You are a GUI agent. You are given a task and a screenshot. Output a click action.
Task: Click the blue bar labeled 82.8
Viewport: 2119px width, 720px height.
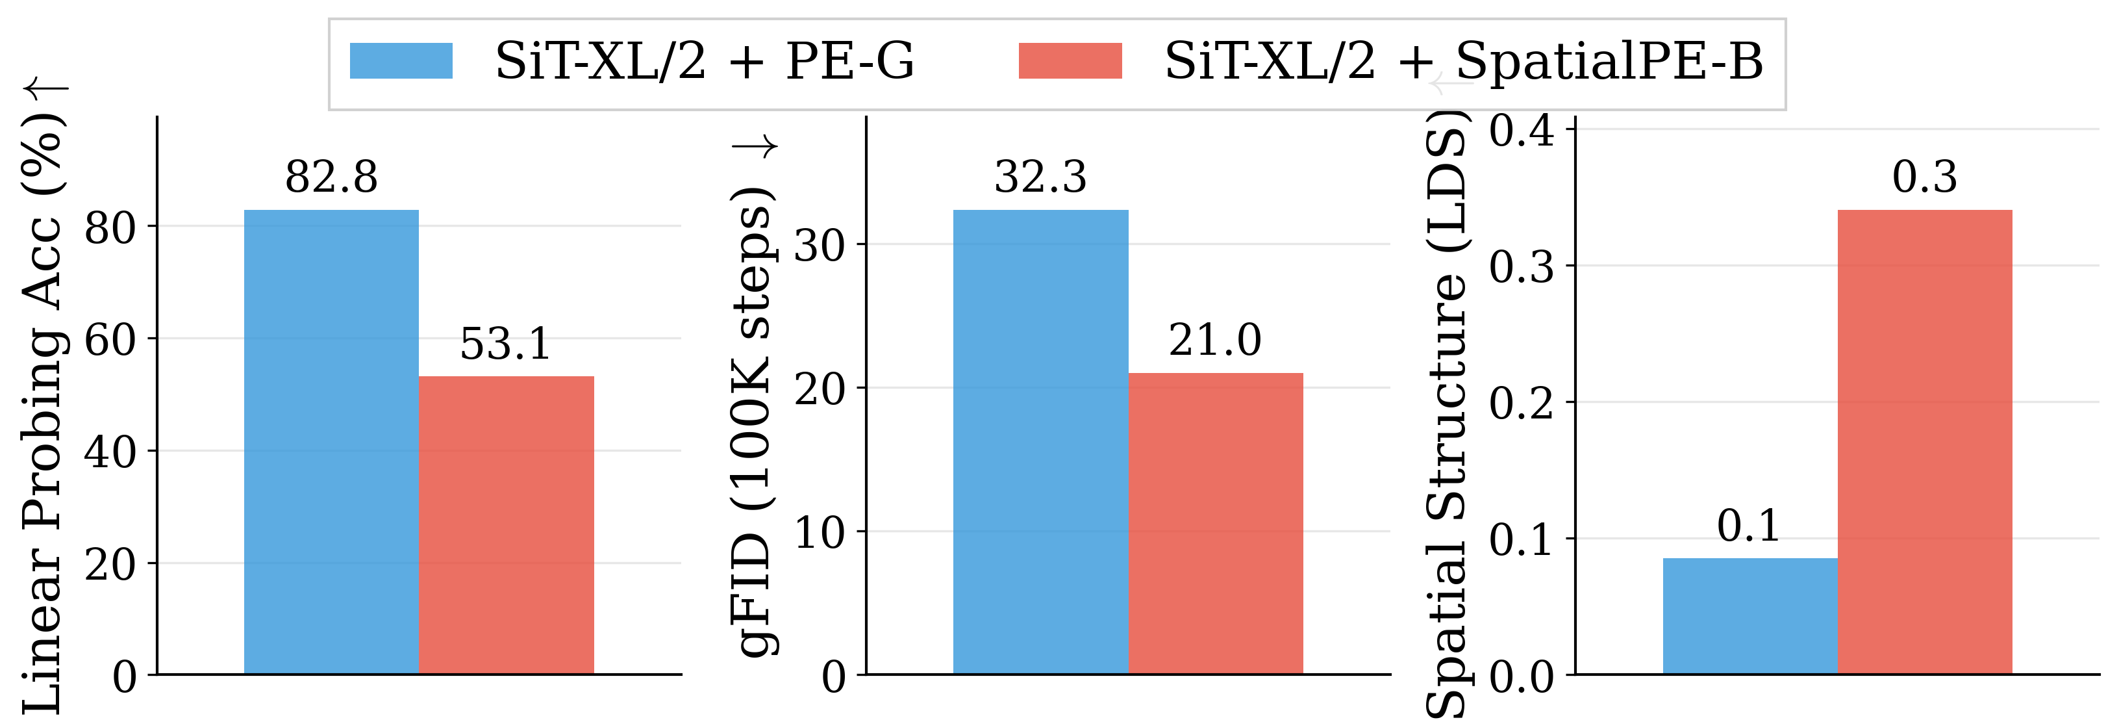pos(331,442)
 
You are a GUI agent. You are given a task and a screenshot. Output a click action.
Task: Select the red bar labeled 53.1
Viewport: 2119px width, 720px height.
pos(506,525)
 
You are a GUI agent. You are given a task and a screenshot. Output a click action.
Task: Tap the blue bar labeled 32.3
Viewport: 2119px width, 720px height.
pos(1040,442)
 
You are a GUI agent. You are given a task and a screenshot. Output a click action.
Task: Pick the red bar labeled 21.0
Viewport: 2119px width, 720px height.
pos(1215,523)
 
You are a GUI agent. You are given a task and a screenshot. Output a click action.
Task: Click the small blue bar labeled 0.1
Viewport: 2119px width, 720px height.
pos(1749,615)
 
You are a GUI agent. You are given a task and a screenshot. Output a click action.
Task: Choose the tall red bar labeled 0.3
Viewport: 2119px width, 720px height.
pos(1925,442)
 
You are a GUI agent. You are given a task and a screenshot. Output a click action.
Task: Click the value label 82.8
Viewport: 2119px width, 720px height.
pos(331,177)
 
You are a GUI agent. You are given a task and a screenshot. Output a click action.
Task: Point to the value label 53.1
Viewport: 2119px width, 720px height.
pos(505,343)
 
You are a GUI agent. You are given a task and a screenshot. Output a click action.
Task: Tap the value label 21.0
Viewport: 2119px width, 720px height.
pos(1215,340)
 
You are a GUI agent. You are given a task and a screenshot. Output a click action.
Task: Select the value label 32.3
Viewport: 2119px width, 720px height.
pos(1040,177)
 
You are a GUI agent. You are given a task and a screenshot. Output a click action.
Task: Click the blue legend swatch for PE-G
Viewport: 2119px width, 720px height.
pos(401,61)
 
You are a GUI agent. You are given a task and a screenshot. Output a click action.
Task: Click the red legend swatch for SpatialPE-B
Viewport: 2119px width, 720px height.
pos(1070,61)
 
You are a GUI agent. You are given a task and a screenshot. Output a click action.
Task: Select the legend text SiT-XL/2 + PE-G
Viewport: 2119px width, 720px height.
pos(704,61)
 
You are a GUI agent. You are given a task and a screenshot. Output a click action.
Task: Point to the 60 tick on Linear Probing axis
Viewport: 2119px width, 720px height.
pos(110,339)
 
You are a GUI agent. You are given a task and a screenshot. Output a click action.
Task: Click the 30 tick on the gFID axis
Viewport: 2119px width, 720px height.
pos(820,244)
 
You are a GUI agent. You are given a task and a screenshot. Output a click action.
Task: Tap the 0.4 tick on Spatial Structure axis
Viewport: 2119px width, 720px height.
pos(1521,130)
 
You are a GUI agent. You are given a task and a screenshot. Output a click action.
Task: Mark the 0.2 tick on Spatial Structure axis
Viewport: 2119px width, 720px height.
pos(1521,402)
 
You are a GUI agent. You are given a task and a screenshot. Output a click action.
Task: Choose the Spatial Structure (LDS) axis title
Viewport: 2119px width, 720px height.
pos(1446,411)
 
